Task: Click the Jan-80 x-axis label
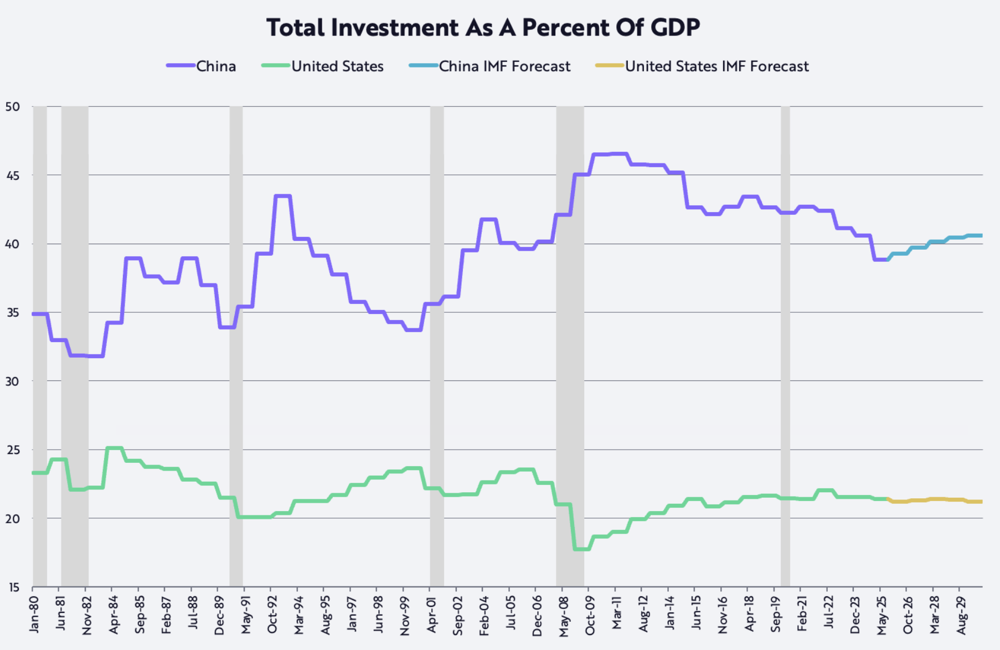34,615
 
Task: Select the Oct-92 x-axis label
272,615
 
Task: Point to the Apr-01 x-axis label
431,615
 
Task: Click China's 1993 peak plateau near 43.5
282,196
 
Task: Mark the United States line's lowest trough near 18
581,549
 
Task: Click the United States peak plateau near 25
114,448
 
